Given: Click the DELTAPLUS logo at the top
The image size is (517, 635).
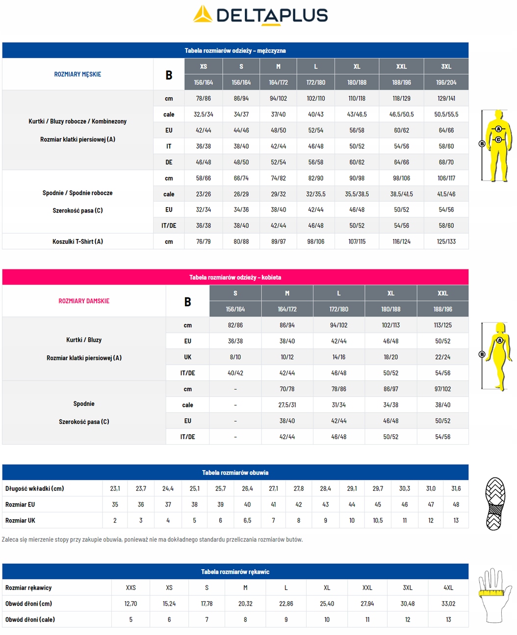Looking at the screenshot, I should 260,15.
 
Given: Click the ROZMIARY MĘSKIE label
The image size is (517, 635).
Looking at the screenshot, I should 78,74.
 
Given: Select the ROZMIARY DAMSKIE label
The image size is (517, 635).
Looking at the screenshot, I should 84,301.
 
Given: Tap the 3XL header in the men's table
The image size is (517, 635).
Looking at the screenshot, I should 446,66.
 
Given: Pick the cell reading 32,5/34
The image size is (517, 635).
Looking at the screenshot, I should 203,114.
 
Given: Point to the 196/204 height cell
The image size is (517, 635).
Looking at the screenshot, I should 446,82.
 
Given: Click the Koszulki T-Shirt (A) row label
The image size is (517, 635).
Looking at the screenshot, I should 78,241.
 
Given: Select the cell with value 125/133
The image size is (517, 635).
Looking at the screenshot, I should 446,241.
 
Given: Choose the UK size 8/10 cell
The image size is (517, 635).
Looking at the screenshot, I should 235,357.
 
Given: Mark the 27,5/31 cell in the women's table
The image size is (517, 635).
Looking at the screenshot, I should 287,405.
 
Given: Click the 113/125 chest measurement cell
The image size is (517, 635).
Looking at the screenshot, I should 442,325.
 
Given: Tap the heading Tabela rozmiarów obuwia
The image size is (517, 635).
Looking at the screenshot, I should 235,473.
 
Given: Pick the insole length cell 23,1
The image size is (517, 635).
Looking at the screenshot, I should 115,489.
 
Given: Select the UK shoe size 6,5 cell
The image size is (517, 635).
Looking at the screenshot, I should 247,521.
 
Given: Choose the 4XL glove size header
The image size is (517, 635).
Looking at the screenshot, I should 448,588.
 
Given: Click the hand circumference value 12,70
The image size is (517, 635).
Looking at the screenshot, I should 130,604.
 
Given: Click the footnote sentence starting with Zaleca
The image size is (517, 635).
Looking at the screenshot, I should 152,539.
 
